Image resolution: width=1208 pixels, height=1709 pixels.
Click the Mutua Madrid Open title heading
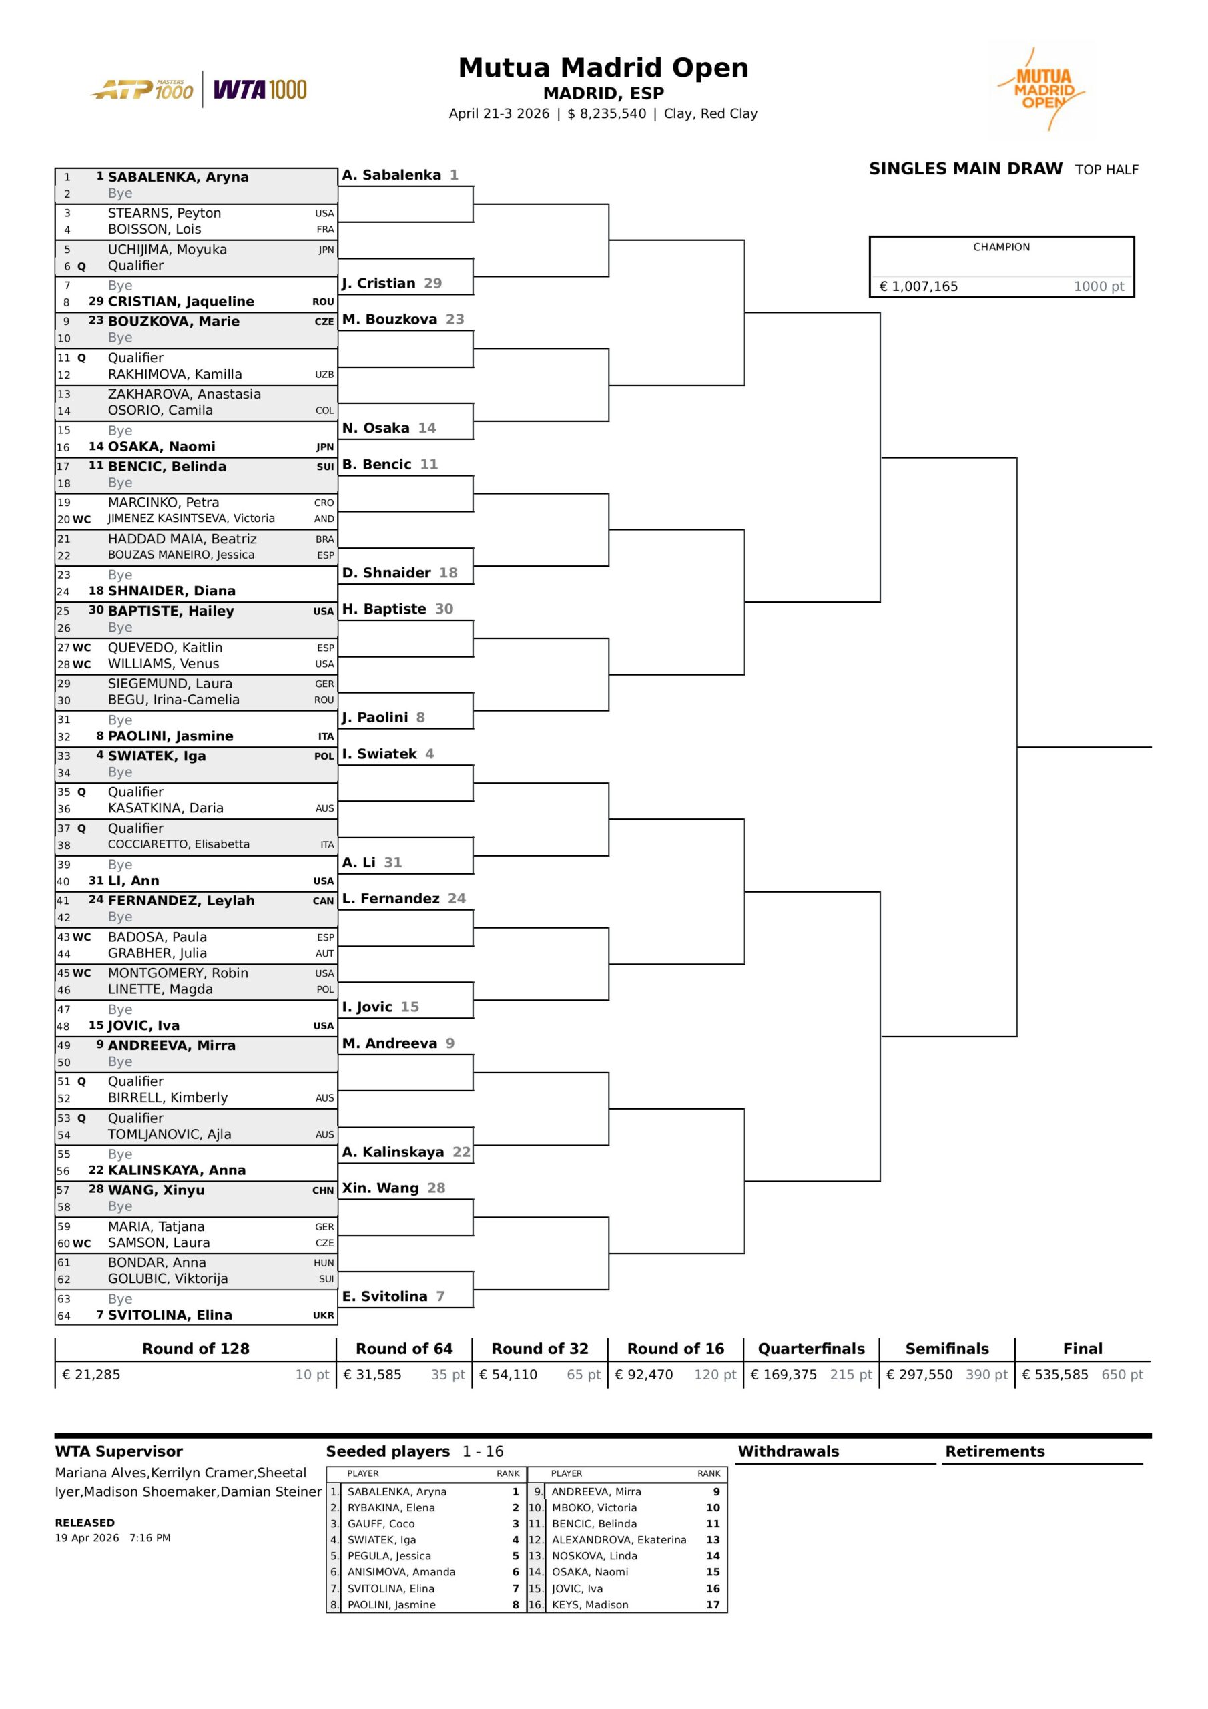click(x=603, y=67)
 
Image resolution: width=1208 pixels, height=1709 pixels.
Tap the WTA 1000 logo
click(x=260, y=90)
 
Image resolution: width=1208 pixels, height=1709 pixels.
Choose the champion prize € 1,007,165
click(x=918, y=286)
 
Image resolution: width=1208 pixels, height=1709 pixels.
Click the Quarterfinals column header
click(x=812, y=1348)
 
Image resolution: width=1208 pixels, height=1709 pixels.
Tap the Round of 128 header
click(x=196, y=1348)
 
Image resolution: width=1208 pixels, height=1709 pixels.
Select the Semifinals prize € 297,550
click(x=919, y=1374)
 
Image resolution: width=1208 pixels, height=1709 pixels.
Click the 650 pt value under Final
click(x=1122, y=1374)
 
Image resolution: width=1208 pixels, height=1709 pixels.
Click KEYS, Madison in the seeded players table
click(x=589, y=1604)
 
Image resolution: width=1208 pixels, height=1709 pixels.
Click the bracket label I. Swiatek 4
click(x=388, y=753)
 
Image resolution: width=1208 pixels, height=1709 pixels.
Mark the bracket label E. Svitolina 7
click(x=393, y=1296)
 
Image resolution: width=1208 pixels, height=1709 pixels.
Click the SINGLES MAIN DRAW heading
click(x=965, y=169)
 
